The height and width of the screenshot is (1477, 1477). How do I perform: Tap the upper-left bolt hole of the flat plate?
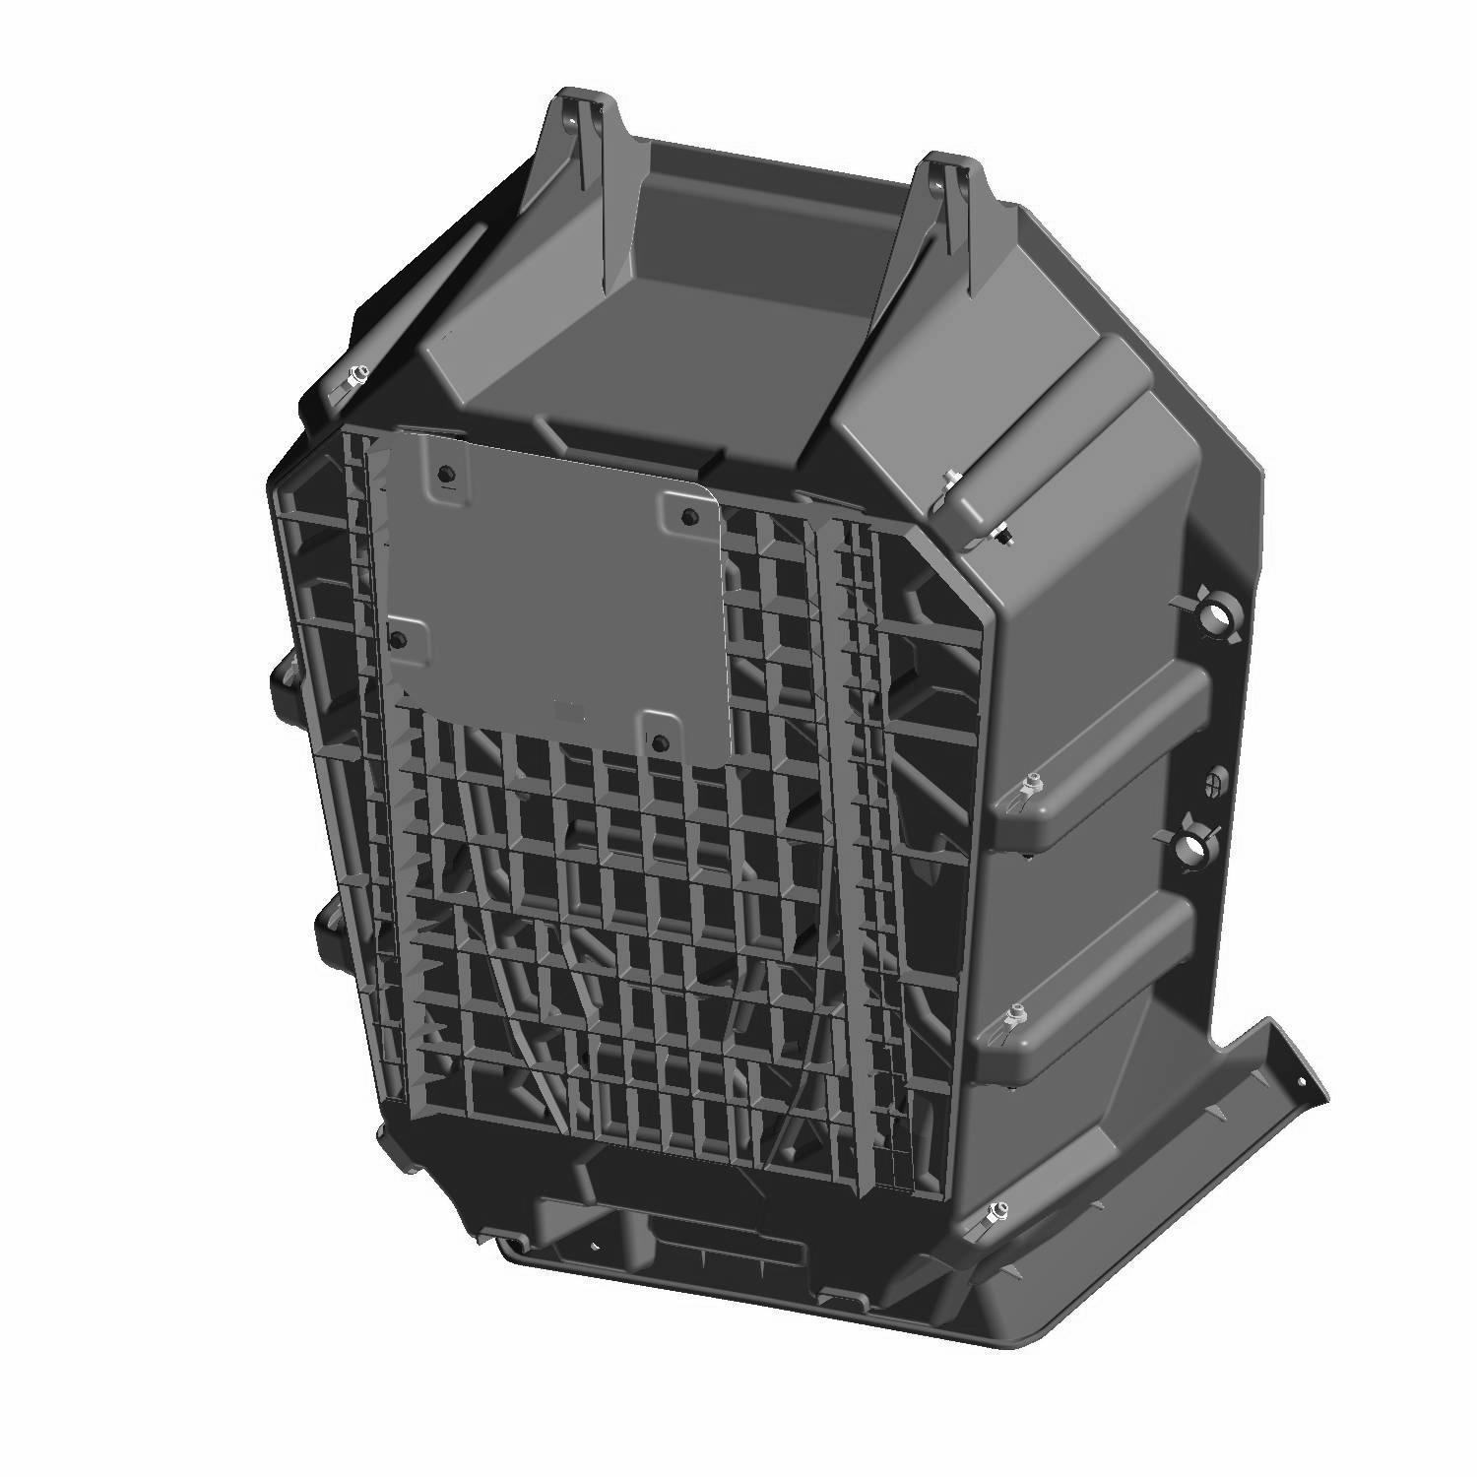pos(445,473)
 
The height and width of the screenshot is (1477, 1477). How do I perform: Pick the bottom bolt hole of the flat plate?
pos(661,739)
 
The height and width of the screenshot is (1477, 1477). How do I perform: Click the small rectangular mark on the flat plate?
pos(564,706)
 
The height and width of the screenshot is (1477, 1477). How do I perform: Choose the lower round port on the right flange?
pos(1194,845)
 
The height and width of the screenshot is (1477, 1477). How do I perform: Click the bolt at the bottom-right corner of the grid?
pos(1001,1210)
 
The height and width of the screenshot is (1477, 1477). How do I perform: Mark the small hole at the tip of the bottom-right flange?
pos(1306,1082)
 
